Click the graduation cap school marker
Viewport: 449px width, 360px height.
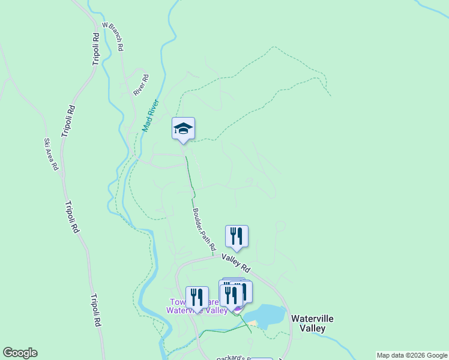click(x=183, y=129)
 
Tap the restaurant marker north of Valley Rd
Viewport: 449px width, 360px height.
click(x=237, y=236)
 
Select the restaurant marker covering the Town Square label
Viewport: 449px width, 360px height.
click(x=197, y=298)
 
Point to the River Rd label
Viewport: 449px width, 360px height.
click(x=140, y=85)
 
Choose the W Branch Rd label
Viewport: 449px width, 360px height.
click(x=113, y=36)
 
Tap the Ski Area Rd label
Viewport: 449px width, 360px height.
click(x=50, y=154)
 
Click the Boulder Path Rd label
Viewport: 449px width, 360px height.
click(x=204, y=229)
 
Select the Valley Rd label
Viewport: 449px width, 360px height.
click(x=235, y=261)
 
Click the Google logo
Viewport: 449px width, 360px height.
click(x=20, y=353)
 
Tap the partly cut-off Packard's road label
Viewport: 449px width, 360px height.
click(x=232, y=358)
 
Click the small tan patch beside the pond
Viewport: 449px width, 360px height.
click(x=253, y=324)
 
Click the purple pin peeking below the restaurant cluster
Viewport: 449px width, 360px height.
click(x=238, y=310)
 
